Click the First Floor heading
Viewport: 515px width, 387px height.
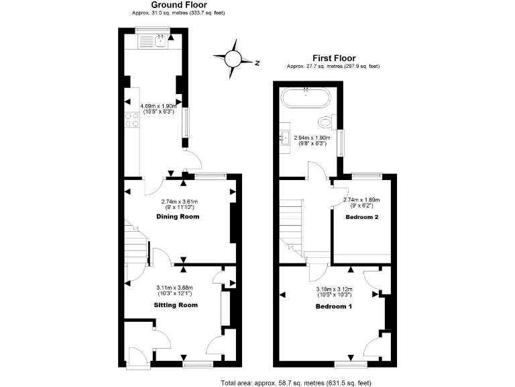pyautogui.click(x=333, y=58)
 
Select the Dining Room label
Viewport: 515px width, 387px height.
pyautogui.click(x=178, y=217)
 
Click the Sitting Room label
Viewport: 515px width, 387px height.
pyautogui.click(x=176, y=304)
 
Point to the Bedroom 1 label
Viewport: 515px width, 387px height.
pyautogui.click(x=334, y=306)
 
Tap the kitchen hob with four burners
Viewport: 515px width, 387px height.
pyautogui.click(x=131, y=121)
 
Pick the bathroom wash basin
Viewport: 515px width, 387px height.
pyautogui.click(x=283, y=139)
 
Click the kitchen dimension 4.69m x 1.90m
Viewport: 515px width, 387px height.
pyautogui.click(x=158, y=109)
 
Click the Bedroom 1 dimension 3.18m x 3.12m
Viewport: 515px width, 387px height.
pyautogui.click(x=334, y=292)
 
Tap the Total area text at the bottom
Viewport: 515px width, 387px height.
pyautogui.click(x=296, y=383)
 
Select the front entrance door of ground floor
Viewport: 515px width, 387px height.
pyautogui.click(x=136, y=358)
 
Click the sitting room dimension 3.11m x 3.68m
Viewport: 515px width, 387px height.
pyautogui.click(x=176, y=290)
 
